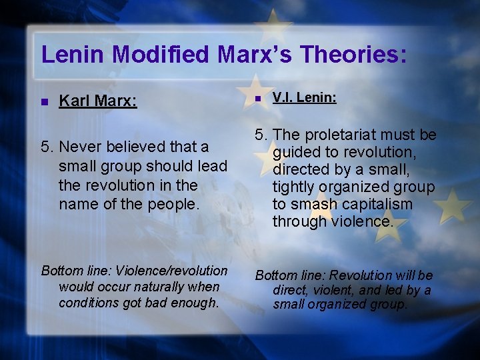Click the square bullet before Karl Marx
44,102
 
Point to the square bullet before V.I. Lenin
258,99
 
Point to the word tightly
297,187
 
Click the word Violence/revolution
171,271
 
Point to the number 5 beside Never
45,147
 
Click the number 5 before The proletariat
259,135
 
